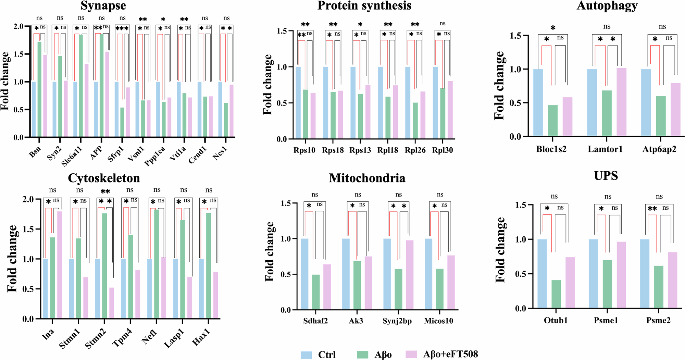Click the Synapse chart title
103,6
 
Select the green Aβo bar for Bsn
39,89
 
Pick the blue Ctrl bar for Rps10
298,103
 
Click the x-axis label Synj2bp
397,321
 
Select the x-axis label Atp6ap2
659,149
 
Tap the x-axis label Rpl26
415,150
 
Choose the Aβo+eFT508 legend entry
450,354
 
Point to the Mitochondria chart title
367,178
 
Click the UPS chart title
606,176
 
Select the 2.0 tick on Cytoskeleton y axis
28,199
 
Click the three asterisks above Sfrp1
122,29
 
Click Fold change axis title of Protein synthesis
268,85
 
